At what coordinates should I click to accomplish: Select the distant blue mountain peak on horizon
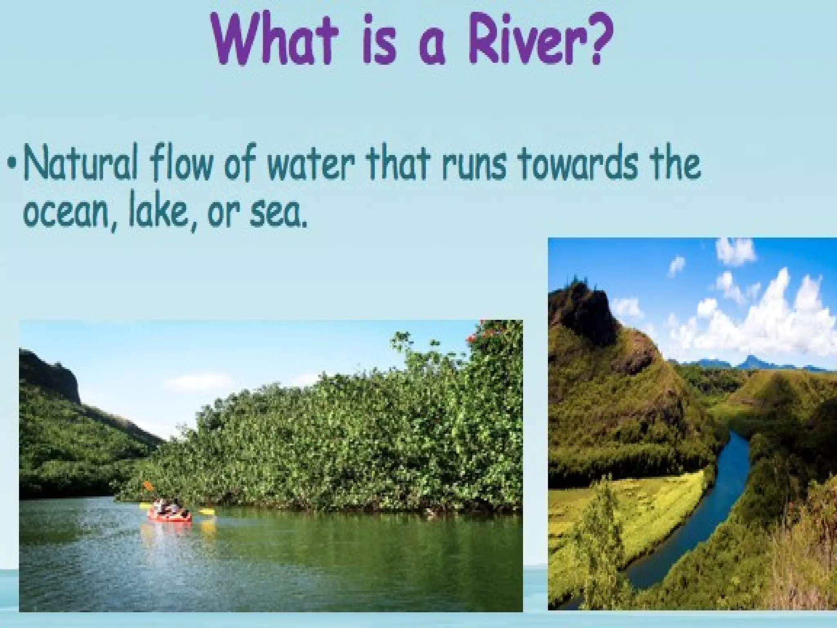point(750,361)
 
